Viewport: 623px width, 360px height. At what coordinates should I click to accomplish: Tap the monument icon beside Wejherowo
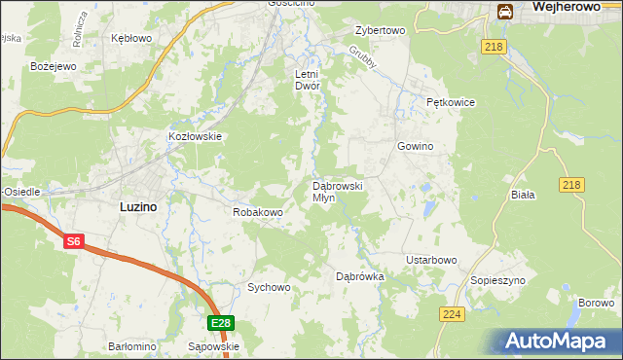click(x=505, y=11)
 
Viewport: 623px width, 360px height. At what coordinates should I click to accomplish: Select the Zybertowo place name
click(x=380, y=30)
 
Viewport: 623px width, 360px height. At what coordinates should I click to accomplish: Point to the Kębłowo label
click(x=131, y=38)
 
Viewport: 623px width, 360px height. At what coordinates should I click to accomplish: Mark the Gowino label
click(x=414, y=146)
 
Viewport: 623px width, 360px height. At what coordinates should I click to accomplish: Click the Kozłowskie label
click(x=197, y=137)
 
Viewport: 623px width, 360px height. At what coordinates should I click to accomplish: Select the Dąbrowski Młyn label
click(x=337, y=191)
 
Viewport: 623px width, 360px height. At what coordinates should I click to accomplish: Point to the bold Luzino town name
click(x=138, y=206)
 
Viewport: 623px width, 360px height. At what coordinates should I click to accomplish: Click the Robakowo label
click(x=257, y=211)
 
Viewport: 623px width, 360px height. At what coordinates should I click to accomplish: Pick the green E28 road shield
click(x=220, y=323)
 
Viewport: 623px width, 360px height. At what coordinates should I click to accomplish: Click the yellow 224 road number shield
click(x=452, y=314)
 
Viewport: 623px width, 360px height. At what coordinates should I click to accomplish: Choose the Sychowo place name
click(x=269, y=287)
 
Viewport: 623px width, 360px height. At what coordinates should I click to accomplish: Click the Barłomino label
click(x=132, y=346)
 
